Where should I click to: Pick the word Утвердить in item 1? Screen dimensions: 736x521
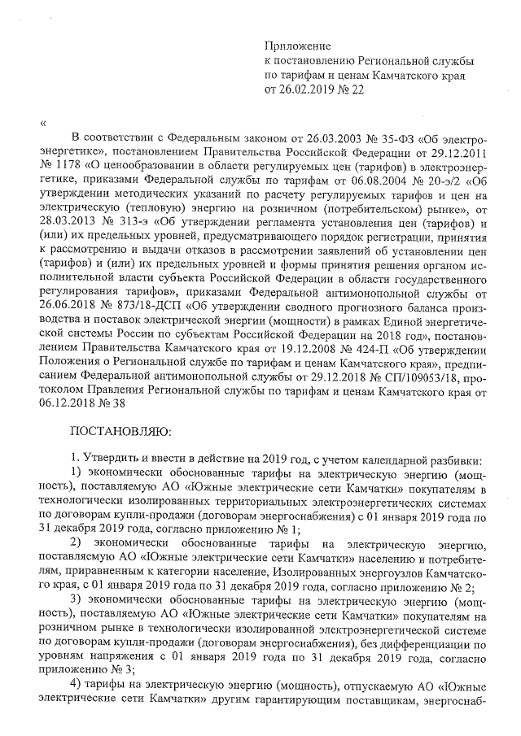(x=114, y=459)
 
